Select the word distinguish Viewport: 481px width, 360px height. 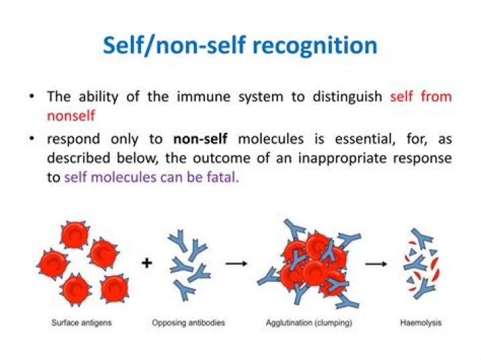tap(345, 96)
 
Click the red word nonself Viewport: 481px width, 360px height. tap(71, 115)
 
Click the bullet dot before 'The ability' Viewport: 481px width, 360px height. tap(31, 97)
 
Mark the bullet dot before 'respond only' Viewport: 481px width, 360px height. tap(31, 140)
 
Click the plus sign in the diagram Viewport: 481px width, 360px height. tap(146, 263)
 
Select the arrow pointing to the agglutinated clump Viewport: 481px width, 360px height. tap(236, 263)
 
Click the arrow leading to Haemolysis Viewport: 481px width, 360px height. tap(375, 263)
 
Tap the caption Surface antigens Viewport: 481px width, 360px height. tap(81, 323)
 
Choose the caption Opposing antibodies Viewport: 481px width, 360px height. tap(188, 323)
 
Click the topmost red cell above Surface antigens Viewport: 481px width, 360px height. tap(73, 235)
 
